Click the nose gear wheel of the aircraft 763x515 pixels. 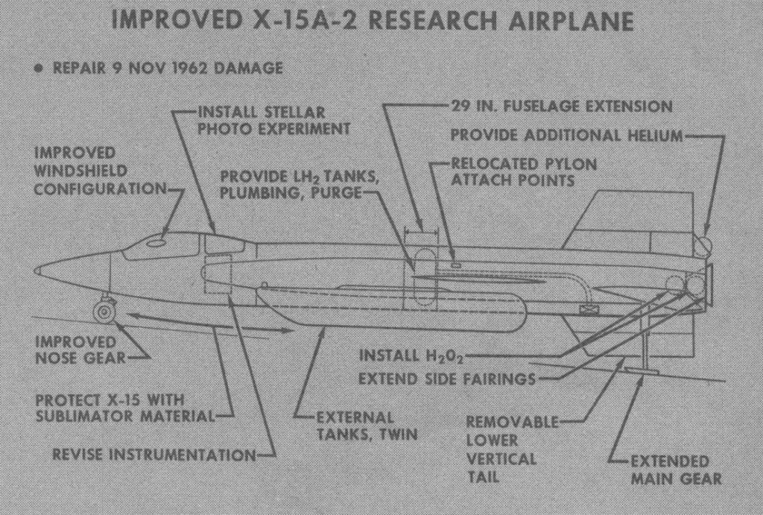tap(104, 311)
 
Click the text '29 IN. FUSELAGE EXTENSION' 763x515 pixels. tap(562, 107)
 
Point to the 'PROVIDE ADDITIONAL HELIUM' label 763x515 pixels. tap(567, 136)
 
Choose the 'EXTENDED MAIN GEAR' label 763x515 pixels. tap(676, 470)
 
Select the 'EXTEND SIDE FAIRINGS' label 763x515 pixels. tap(446, 379)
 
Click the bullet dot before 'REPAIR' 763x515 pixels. tap(39, 69)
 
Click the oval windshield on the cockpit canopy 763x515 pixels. tap(156, 241)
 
